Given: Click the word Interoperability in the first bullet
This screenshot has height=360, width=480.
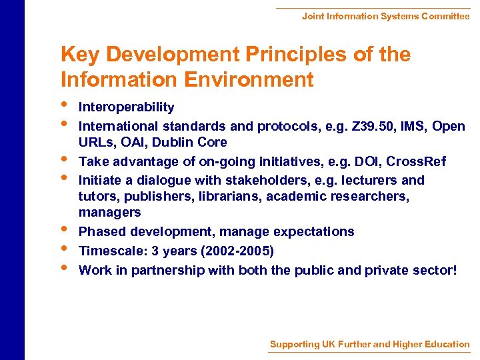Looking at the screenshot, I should (126, 107).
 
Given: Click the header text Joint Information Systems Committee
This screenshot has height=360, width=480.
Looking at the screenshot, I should (385, 16).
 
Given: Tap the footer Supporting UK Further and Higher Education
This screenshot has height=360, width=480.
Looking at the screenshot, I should (369, 344).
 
